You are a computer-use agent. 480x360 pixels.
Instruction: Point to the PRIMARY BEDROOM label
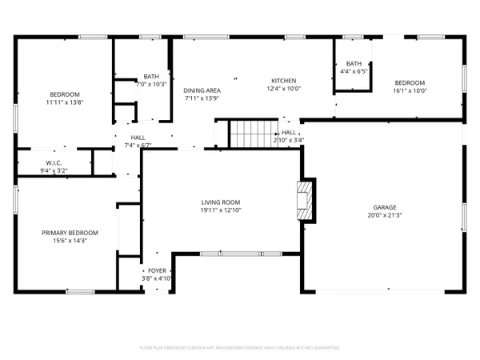click(64, 232)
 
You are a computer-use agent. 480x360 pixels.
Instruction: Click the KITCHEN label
click(283, 81)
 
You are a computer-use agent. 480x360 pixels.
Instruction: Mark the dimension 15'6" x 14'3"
click(64, 240)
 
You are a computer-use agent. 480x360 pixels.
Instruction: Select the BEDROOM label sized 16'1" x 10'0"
click(409, 82)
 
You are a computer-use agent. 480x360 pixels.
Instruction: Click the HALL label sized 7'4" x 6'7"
click(138, 138)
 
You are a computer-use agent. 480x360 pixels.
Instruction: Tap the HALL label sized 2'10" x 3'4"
click(289, 132)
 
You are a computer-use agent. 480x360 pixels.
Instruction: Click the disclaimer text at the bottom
click(240, 348)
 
